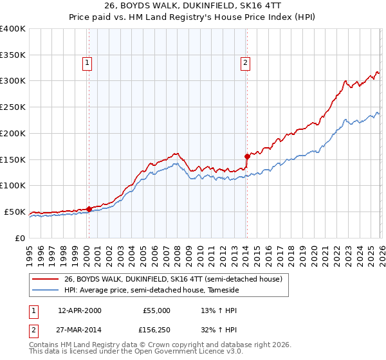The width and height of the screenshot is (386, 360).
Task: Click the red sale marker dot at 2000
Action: point(89,209)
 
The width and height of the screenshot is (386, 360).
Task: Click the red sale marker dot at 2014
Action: point(247,156)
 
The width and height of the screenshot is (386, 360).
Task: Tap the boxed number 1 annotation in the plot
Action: point(87,62)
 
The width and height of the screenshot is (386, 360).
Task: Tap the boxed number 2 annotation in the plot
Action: point(245,62)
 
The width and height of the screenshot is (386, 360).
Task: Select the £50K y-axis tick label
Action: point(15,212)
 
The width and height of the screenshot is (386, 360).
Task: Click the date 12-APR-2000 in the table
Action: point(79,310)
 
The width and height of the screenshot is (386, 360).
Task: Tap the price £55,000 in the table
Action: point(156,310)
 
